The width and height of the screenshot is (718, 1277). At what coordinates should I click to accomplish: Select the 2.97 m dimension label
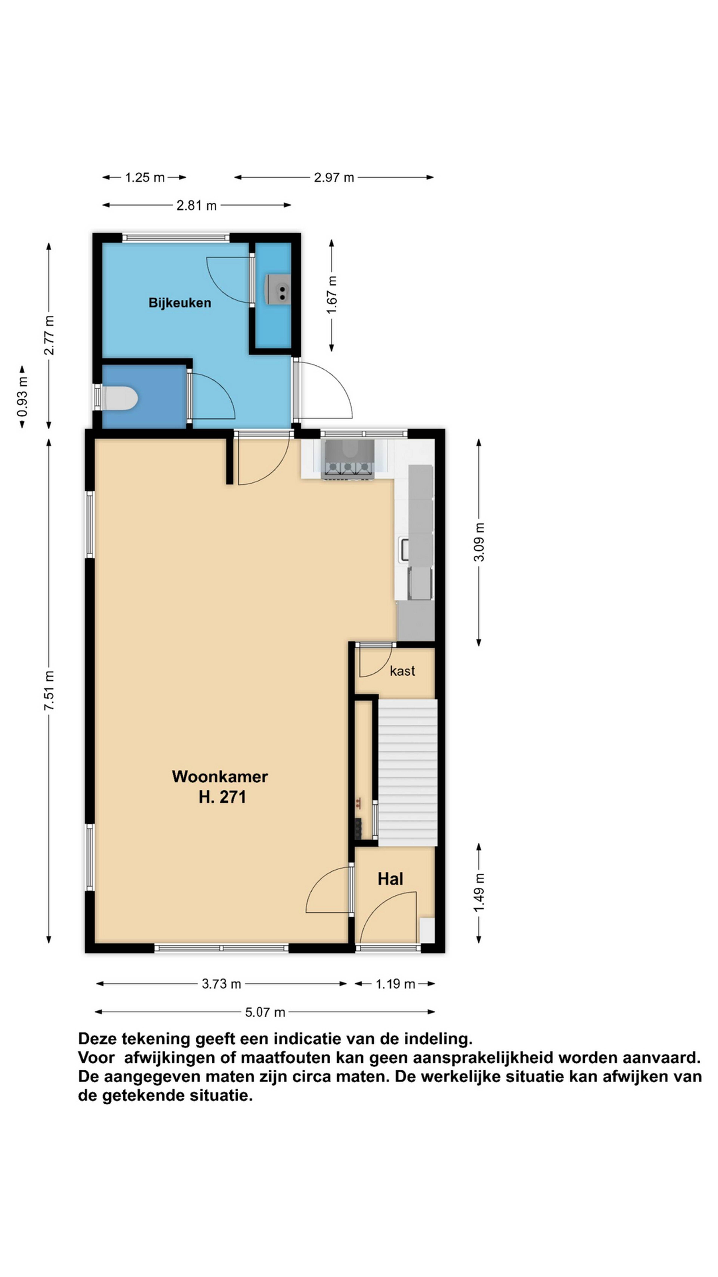point(334,178)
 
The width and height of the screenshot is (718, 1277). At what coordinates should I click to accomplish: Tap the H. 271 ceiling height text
point(222,797)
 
